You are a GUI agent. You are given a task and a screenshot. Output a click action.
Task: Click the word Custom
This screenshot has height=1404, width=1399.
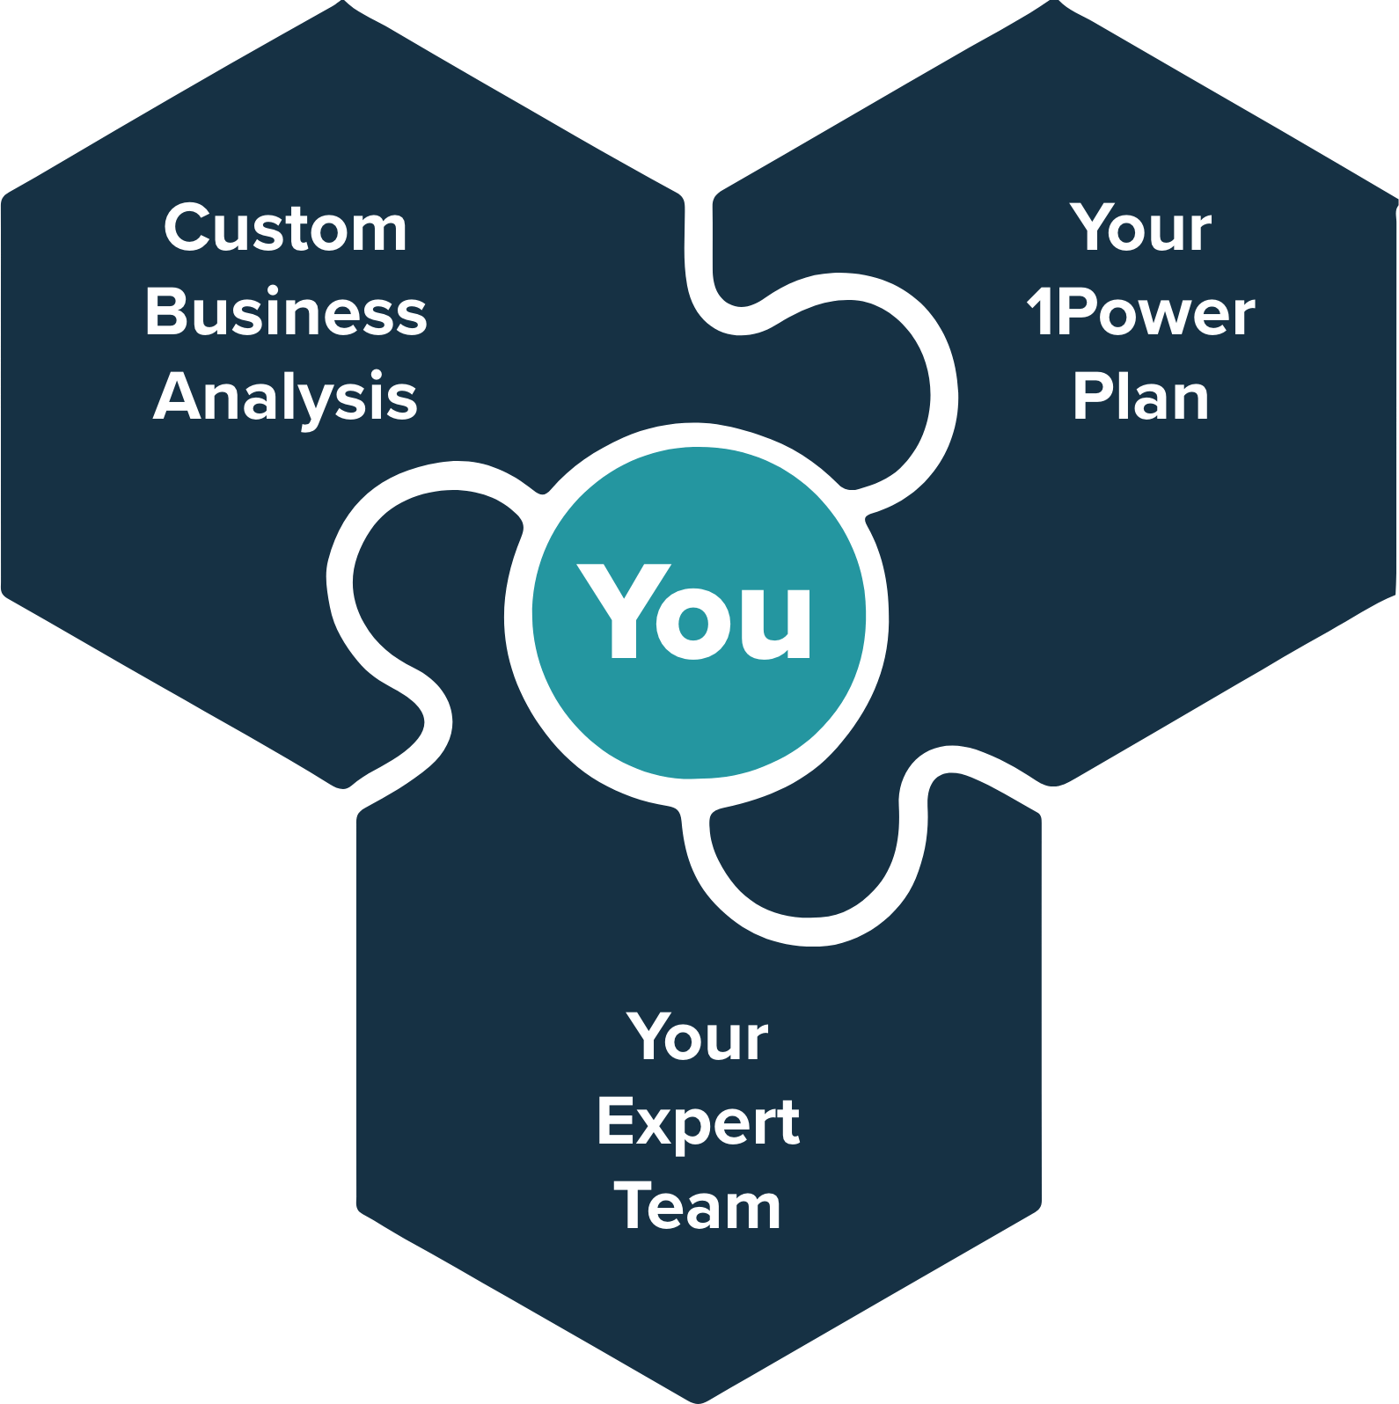click(x=285, y=229)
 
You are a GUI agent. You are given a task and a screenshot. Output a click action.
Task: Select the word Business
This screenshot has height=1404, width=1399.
click(x=286, y=313)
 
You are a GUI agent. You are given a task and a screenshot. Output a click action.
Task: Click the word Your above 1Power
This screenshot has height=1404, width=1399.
click(x=1141, y=229)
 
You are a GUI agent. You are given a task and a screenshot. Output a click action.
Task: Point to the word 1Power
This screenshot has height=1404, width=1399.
click(x=1141, y=313)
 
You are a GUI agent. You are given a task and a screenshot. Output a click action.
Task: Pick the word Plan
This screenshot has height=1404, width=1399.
click(x=1141, y=398)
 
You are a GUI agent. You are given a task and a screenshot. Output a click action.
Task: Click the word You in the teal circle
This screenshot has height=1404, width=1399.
click(x=695, y=612)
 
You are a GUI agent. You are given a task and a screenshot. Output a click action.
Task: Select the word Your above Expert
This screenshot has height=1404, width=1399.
click(x=698, y=1038)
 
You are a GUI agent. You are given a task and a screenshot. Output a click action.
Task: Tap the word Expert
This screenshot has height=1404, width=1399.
click(x=698, y=1123)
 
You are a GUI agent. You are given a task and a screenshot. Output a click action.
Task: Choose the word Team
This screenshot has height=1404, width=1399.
click(x=698, y=1207)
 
